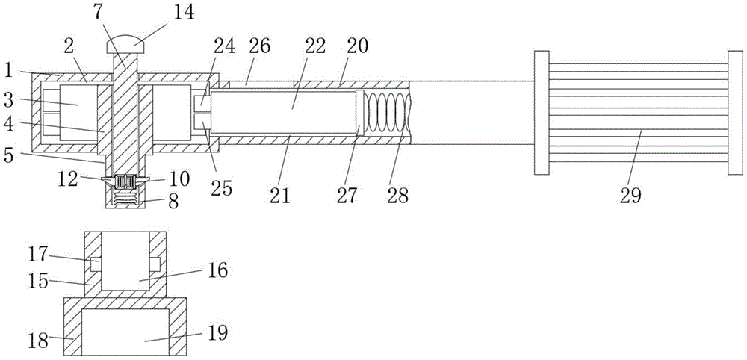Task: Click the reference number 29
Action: click(x=630, y=196)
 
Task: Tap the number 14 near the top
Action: click(x=184, y=11)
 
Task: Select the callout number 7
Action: click(x=98, y=11)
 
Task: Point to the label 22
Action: click(x=315, y=46)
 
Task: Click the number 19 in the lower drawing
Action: click(x=217, y=333)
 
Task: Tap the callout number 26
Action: click(x=260, y=46)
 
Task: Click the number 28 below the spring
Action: click(x=398, y=195)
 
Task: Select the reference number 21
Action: click(x=280, y=195)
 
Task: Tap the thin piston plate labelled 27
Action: click(x=360, y=112)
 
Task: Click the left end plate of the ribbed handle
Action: click(x=542, y=112)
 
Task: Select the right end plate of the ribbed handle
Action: click(x=735, y=112)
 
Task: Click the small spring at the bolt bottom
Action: click(x=124, y=197)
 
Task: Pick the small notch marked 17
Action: click(x=96, y=264)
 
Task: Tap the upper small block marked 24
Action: click(x=202, y=100)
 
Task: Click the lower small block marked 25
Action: click(x=202, y=125)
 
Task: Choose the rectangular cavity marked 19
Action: click(x=125, y=332)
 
